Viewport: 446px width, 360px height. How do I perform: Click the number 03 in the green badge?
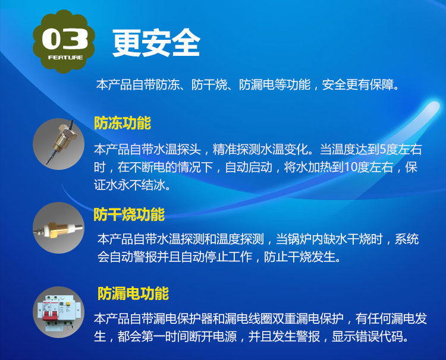tap(65, 39)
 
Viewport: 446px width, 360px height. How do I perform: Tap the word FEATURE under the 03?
tap(65, 58)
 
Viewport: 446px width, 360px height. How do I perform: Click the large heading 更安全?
tap(156, 43)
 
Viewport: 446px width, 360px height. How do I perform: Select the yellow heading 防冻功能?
tap(123, 123)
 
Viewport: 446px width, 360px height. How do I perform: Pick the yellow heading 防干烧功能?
tap(129, 214)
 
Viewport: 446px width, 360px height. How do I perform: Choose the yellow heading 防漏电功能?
tap(133, 293)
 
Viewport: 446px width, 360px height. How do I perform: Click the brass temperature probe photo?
tap(59, 144)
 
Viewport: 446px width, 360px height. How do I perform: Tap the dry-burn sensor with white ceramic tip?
tap(59, 228)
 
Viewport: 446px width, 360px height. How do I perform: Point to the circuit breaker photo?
tap(59, 312)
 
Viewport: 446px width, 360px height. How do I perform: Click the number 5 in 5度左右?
tap(382, 150)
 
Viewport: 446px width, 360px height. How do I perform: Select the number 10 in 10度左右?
tap(351, 168)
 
